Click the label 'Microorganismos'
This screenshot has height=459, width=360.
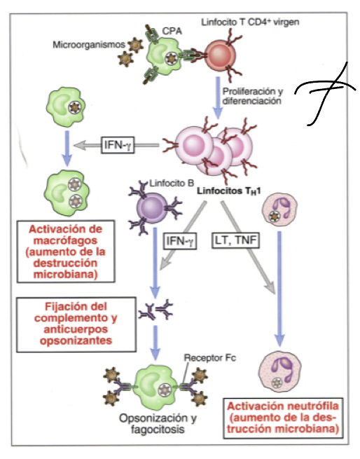click(85, 46)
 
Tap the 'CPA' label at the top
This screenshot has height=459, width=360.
click(171, 31)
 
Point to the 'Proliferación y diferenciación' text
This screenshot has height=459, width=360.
click(252, 96)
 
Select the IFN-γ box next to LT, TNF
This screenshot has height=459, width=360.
click(181, 241)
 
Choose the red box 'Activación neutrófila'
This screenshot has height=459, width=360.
click(284, 416)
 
